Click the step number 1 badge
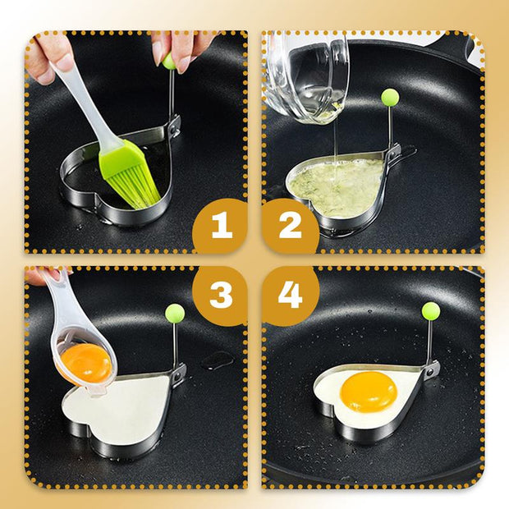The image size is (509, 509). click(x=221, y=225)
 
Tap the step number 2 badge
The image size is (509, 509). click(x=290, y=225)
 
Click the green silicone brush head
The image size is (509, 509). click(x=130, y=173)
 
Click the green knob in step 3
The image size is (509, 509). click(x=175, y=313)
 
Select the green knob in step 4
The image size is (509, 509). click(x=431, y=310)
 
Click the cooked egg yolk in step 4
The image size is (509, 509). click(x=369, y=392)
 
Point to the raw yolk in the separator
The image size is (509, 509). click(x=85, y=363)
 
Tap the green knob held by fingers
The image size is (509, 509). click(x=169, y=62)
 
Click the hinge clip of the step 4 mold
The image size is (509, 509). click(x=432, y=369)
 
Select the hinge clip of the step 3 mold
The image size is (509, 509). click(x=179, y=374)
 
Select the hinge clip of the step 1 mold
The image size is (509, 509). click(x=174, y=126)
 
